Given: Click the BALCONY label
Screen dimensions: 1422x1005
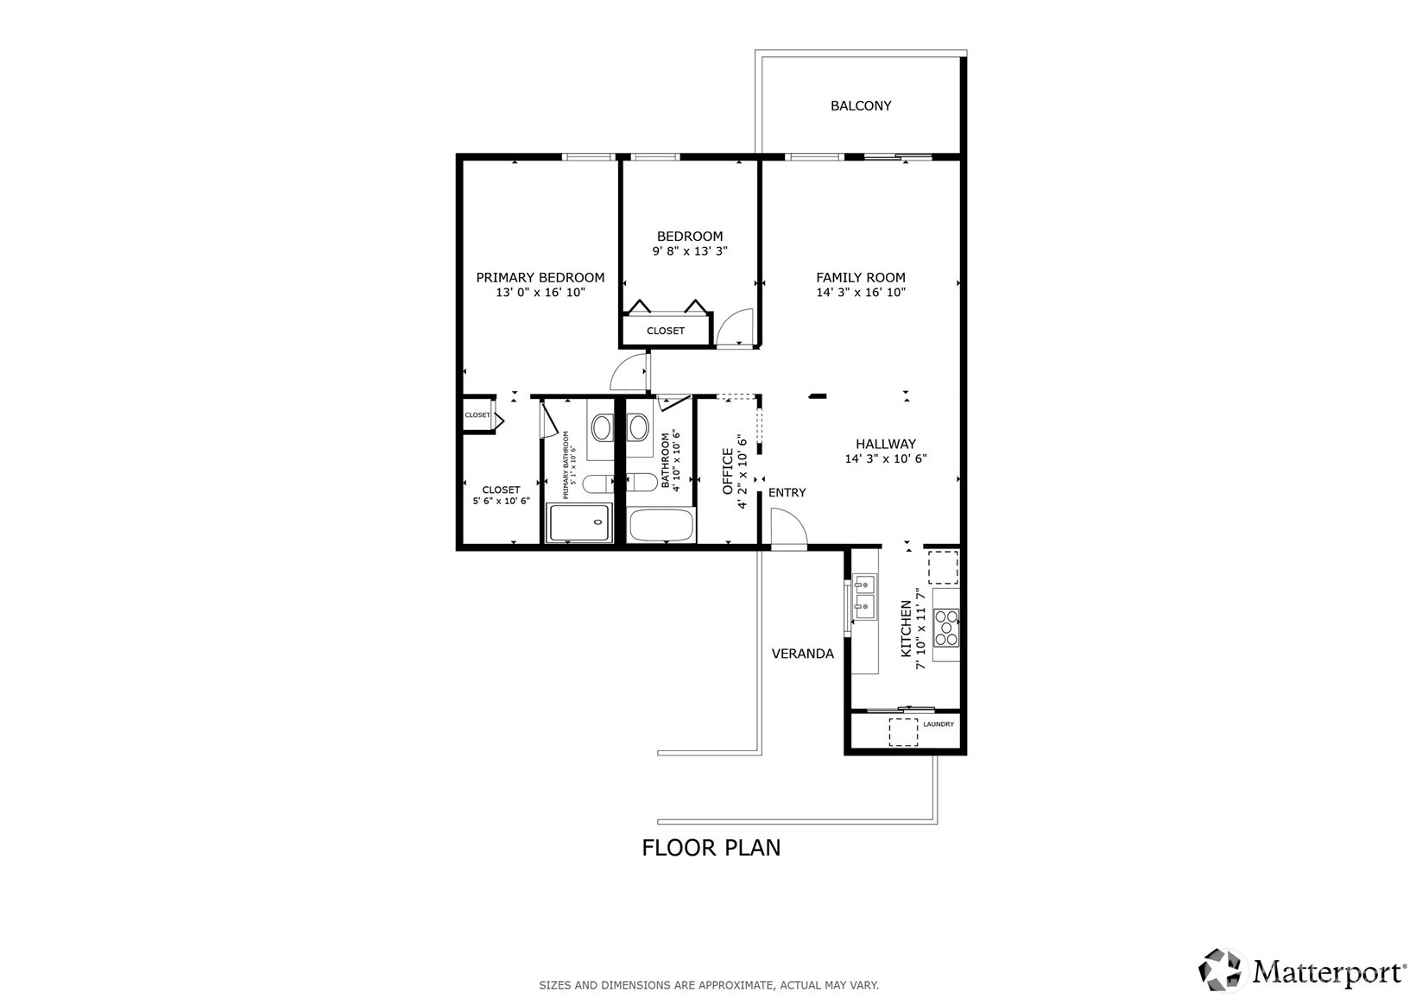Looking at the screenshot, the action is click(x=861, y=106).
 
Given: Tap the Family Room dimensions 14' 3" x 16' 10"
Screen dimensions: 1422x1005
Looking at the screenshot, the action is click(x=861, y=292).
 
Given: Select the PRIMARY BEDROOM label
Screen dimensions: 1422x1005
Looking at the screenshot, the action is click(x=540, y=277).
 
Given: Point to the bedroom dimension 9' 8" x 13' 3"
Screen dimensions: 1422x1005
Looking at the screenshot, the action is click(x=690, y=250).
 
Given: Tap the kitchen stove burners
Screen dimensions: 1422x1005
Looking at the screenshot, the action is click(x=946, y=627).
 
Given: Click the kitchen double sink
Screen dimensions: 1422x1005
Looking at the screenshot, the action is click(x=864, y=596).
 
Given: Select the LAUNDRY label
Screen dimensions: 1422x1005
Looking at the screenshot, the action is click(x=939, y=724).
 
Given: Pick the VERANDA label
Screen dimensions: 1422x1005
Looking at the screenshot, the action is click(x=802, y=654).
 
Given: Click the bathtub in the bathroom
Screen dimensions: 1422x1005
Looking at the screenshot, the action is click(x=660, y=525).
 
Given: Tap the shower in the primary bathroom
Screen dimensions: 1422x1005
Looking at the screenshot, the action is click(x=580, y=522).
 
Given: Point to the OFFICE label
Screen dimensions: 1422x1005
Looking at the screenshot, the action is click(x=728, y=471).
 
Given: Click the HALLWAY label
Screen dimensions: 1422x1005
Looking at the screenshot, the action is click(x=886, y=444).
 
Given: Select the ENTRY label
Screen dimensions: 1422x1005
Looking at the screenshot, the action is click(x=787, y=493).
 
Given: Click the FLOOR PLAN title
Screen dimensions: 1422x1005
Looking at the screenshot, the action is click(x=711, y=848).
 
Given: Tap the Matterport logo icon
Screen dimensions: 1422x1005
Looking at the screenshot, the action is click(x=1219, y=970).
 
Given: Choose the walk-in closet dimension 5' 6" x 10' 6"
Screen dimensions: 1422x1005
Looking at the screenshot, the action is click(x=501, y=501).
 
